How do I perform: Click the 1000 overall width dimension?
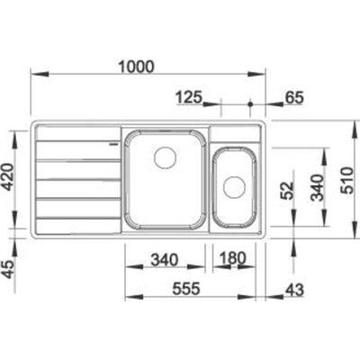[x=136, y=67]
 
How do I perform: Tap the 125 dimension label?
[x=189, y=98]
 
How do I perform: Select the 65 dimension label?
[x=293, y=98]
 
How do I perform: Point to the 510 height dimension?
[x=347, y=180]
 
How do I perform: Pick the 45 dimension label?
[x=8, y=269]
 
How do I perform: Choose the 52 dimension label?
[x=287, y=191]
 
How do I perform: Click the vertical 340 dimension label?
[x=317, y=187]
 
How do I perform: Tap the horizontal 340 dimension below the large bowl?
[x=165, y=260]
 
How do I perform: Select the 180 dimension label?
[x=233, y=258]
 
